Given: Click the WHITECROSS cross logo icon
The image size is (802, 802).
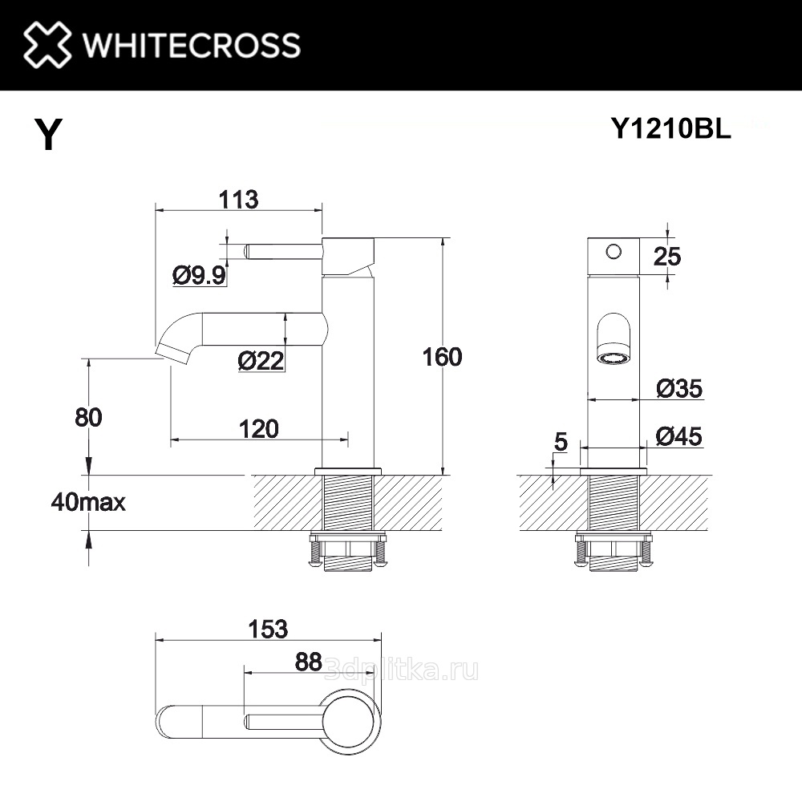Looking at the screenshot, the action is coord(47,44).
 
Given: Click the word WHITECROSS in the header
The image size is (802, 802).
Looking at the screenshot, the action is coord(192,45).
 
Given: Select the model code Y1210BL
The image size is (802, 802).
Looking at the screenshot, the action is coord(671,128).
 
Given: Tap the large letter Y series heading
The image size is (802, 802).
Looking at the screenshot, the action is coord(48,133).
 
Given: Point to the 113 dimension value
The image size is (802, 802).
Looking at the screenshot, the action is coord(238,200).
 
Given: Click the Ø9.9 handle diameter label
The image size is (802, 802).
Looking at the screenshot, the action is coord(200,276).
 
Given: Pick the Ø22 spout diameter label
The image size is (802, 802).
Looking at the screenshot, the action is coord(261,361).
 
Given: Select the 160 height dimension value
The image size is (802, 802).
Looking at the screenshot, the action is coord(442,357).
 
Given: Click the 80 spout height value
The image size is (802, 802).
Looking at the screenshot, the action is coord(88,417).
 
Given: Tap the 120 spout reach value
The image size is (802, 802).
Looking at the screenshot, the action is coord(259,429).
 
